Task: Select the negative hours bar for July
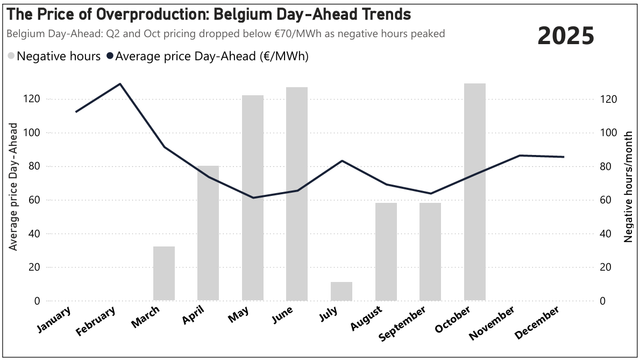(x=342, y=291)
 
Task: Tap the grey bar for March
(x=164, y=273)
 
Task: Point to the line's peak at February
(x=120, y=84)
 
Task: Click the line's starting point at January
(x=76, y=112)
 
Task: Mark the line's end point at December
(x=563, y=157)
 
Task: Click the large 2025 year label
(x=566, y=36)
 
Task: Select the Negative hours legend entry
(x=54, y=56)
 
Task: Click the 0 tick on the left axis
(x=37, y=301)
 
